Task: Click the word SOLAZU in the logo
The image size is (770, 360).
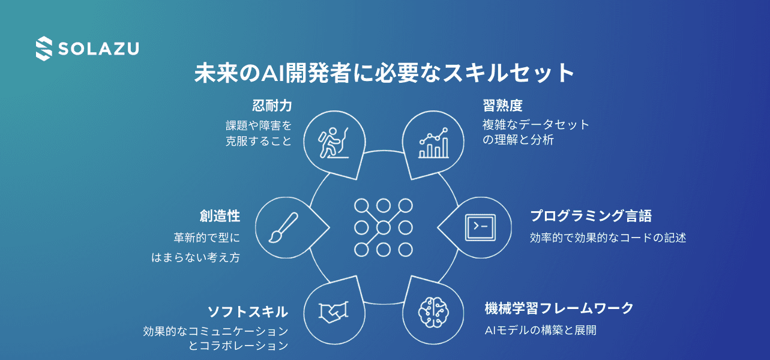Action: point(98,49)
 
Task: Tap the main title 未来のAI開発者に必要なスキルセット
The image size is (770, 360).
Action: point(385,73)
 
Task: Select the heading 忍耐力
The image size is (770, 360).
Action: point(272,106)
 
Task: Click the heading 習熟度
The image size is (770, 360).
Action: point(502,106)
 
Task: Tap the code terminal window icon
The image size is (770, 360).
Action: point(480,227)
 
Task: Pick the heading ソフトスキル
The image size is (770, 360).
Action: point(247,311)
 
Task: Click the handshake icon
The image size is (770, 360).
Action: point(334,311)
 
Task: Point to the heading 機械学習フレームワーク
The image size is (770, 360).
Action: point(559,308)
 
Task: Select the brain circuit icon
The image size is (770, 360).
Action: point(434,311)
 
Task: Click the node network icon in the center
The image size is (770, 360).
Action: point(383,227)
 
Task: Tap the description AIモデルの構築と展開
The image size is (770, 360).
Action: point(540,330)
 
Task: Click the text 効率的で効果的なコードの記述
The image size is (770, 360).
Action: point(607,238)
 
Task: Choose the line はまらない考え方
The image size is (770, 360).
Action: point(195,257)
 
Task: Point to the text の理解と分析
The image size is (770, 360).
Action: point(518,140)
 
